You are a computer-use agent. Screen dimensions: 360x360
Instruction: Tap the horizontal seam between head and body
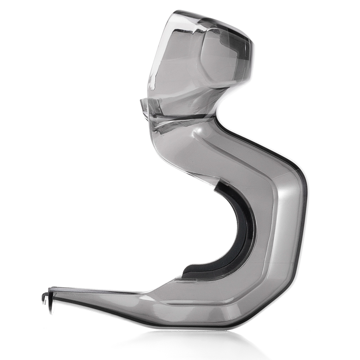180,116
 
